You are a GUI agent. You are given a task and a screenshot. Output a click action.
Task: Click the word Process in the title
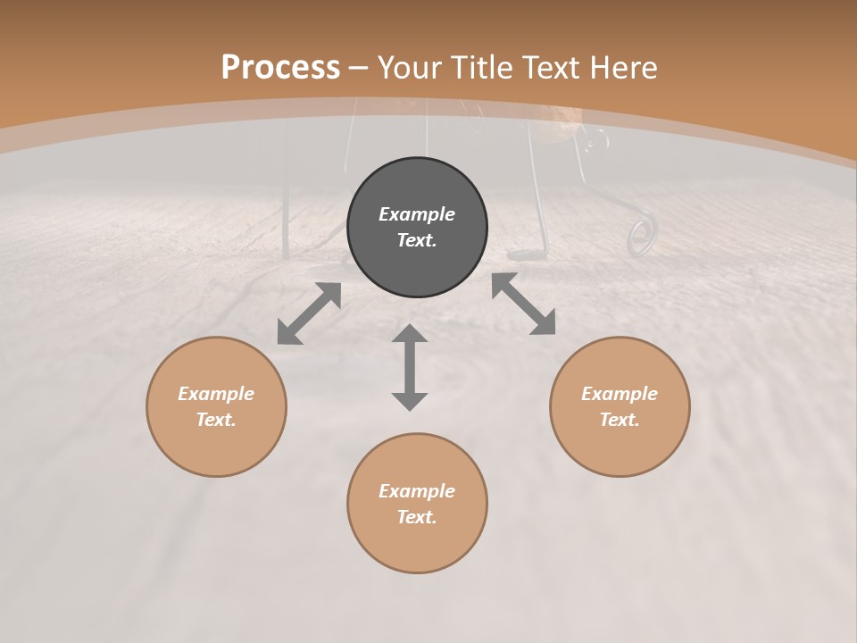(280, 68)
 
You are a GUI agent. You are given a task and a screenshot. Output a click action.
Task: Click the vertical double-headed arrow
(410, 367)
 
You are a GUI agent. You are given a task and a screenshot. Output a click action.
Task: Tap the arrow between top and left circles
(309, 313)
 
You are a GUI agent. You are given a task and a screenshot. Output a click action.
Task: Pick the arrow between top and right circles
(523, 304)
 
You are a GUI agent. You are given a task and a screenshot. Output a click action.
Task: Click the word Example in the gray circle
(417, 214)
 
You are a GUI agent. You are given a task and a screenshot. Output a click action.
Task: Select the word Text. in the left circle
(216, 420)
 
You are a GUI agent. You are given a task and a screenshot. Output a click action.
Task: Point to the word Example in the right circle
(620, 394)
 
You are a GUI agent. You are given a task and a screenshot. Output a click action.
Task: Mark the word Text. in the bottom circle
(417, 517)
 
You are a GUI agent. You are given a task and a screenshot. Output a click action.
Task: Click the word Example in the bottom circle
(417, 491)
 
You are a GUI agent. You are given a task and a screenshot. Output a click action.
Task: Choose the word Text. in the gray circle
(417, 240)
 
